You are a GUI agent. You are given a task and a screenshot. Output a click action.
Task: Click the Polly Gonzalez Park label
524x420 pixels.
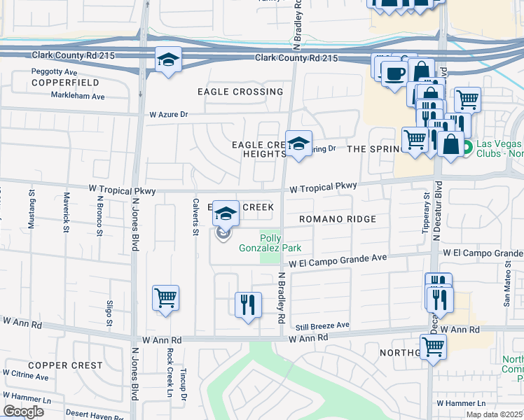(x=280, y=243)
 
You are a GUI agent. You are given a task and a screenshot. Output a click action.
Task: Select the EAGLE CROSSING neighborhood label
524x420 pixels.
(x=240, y=92)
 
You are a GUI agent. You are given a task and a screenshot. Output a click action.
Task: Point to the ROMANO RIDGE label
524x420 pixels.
(x=338, y=219)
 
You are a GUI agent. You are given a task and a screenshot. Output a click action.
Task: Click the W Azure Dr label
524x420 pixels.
(x=169, y=113)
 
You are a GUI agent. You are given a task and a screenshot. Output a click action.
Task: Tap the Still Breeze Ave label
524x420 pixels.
(x=322, y=325)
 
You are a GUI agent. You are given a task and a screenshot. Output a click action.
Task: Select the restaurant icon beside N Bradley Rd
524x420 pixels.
(x=247, y=304)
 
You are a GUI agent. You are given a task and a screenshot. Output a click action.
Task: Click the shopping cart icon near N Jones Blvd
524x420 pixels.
(x=165, y=297)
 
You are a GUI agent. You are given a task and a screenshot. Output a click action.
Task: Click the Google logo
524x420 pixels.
(x=23, y=412)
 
